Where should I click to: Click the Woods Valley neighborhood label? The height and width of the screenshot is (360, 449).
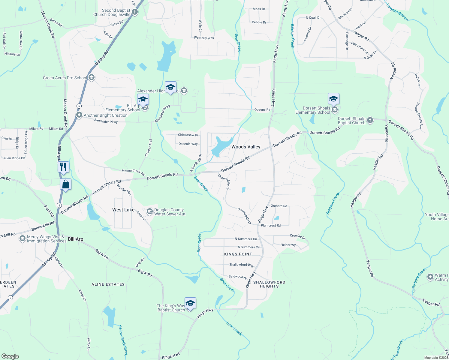(246, 147)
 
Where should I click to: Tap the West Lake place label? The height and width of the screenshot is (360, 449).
(123, 210)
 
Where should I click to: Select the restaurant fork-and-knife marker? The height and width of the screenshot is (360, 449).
(63, 167)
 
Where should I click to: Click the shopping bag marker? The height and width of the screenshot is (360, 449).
(66, 184)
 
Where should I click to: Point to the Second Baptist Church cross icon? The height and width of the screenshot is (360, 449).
(135, 12)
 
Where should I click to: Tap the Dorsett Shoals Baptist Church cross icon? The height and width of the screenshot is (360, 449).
(370, 121)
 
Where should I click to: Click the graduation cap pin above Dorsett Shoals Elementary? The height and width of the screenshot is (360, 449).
(333, 99)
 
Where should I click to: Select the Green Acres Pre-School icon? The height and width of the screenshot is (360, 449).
(92, 78)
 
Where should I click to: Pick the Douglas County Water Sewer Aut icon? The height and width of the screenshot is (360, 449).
(149, 212)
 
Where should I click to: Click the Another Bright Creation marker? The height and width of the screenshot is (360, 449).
(79, 115)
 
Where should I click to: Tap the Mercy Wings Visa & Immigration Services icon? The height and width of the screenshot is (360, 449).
(22, 239)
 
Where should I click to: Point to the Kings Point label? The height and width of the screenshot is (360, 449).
(238, 254)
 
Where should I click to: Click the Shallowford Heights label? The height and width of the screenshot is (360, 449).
(269, 284)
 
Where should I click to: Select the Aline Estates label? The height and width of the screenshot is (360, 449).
(108, 284)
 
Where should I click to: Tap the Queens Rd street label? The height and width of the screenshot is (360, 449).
(262, 109)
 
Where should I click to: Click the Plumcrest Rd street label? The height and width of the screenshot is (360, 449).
(270, 225)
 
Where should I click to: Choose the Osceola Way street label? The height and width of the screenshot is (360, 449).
(188, 144)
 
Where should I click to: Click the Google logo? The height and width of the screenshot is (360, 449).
(10, 356)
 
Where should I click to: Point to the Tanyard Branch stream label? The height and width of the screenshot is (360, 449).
(397, 12)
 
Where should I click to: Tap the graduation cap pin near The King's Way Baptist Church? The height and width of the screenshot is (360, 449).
(190, 303)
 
